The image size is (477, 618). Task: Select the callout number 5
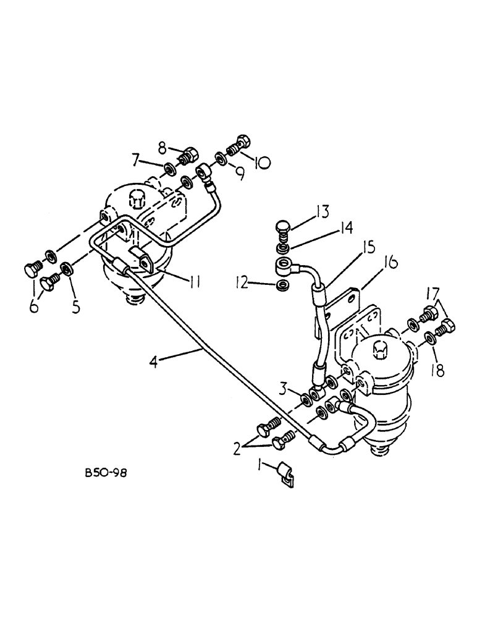pos(76,307)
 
